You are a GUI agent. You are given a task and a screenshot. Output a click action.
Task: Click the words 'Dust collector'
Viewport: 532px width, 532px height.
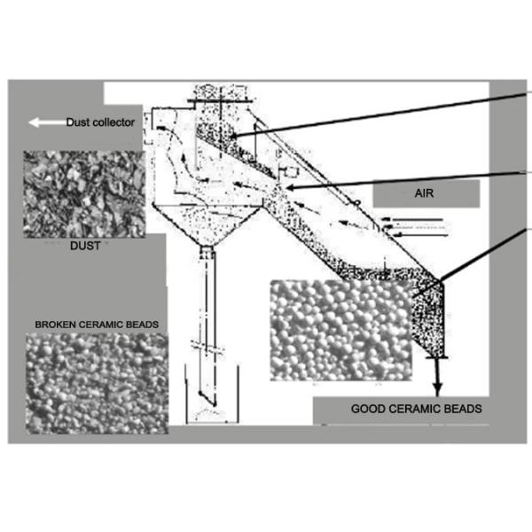100,122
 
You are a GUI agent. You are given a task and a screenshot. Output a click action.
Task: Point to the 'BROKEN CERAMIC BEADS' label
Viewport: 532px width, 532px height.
97,325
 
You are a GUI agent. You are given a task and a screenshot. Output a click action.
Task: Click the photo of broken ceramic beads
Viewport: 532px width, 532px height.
97,382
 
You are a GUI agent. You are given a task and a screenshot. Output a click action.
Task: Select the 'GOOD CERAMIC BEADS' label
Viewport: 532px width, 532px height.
404,409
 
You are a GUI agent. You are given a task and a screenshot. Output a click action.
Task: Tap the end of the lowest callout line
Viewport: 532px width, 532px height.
438,284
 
